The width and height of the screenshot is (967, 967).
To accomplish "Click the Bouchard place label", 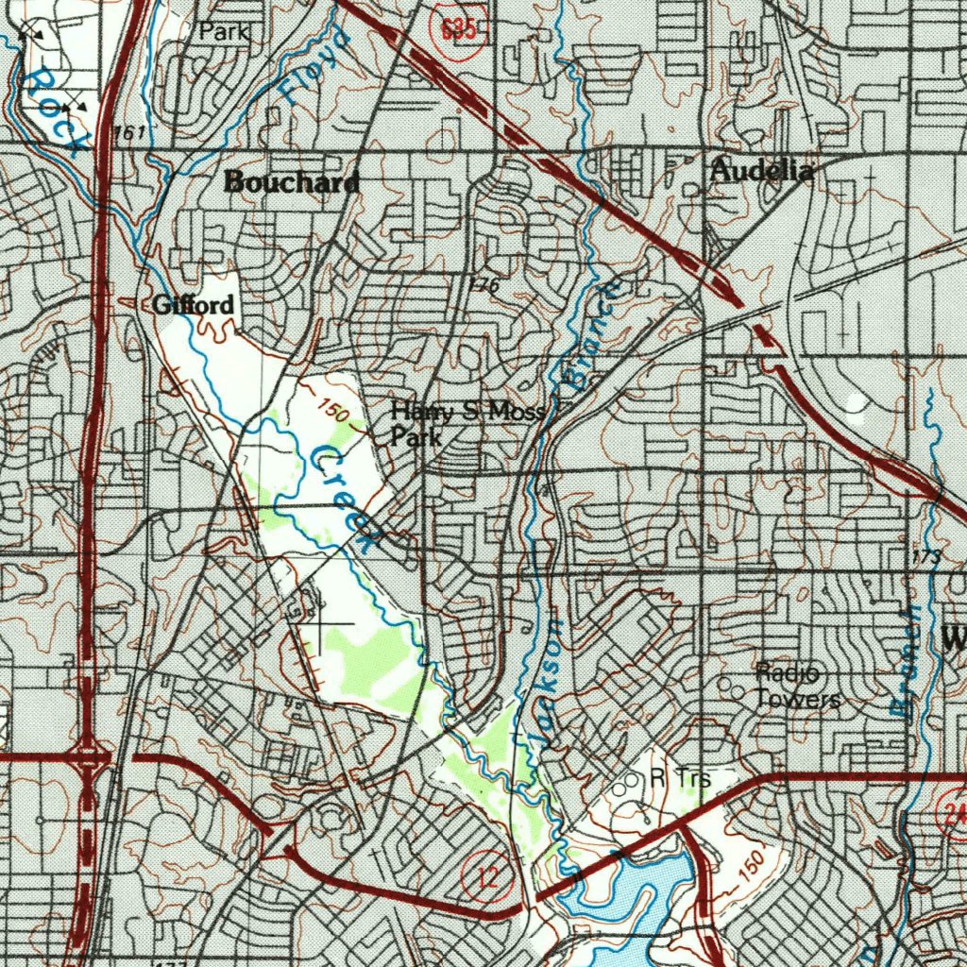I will pos(292,182).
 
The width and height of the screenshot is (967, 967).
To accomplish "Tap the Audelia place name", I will pos(761,171).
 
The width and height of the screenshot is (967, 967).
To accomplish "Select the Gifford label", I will pos(193,305).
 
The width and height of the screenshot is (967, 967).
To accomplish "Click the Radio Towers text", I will pos(798,686).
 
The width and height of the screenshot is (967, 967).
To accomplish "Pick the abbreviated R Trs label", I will pos(680,778).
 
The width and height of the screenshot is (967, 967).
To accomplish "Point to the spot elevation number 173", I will pos(926,556).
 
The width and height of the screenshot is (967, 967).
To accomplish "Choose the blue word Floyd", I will pos(314,65).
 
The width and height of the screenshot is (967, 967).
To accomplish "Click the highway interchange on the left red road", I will pos(92,756).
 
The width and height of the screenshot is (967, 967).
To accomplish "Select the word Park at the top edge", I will pos(224,31).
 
